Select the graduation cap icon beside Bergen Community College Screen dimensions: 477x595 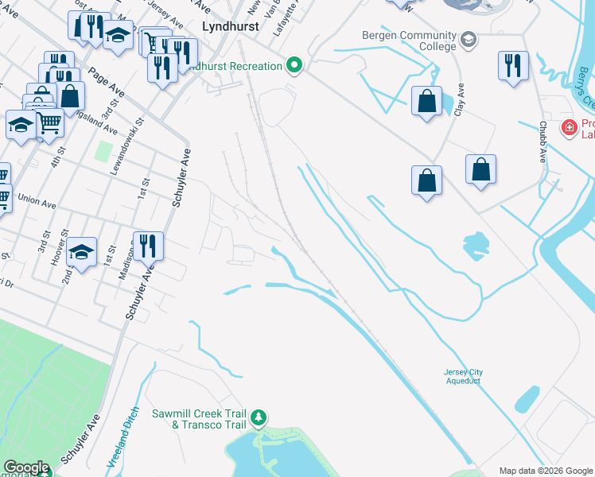[469, 37]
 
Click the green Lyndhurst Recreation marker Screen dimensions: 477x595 [295, 66]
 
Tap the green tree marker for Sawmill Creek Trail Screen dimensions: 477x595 [258, 417]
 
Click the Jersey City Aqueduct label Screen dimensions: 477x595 [463, 377]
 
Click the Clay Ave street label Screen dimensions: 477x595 [459, 99]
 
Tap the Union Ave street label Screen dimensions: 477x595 [37, 203]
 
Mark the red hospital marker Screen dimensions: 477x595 [569, 127]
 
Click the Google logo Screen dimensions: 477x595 [25, 467]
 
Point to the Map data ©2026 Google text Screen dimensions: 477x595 [546, 471]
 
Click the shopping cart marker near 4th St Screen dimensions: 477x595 [49, 122]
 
